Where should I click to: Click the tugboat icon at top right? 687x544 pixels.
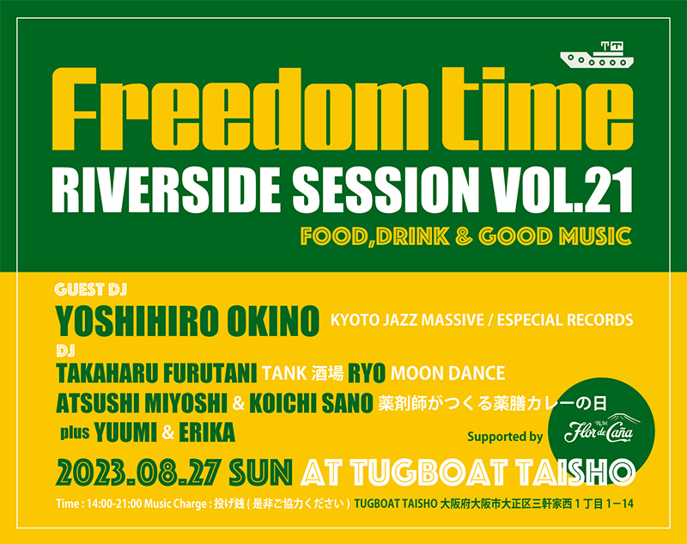[x=597, y=55]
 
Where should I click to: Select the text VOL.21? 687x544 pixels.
[x=562, y=191]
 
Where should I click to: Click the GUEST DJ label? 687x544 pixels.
[x=91, y=290]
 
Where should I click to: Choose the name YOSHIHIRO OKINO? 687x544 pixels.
[x=187, y=321]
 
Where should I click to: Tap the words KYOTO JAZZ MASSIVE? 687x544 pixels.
[x=407, y=320]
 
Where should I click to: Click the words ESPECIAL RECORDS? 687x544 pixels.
[x=565, y=320]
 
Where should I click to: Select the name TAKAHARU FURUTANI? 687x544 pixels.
[x=156, y=374]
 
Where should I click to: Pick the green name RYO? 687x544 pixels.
[x=367, y=374]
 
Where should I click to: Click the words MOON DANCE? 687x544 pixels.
[x=447, y=374]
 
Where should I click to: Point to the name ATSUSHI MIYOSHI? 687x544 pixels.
[x=142, y=403]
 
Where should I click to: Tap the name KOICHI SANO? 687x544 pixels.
[x=311, y=403]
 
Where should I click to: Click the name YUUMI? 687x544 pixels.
[x=125, y=432]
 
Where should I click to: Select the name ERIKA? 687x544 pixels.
[x=207, y=432]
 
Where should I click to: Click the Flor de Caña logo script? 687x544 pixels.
[x=599, y=432]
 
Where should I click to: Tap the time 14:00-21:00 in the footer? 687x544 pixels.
[x=114, y=504]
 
